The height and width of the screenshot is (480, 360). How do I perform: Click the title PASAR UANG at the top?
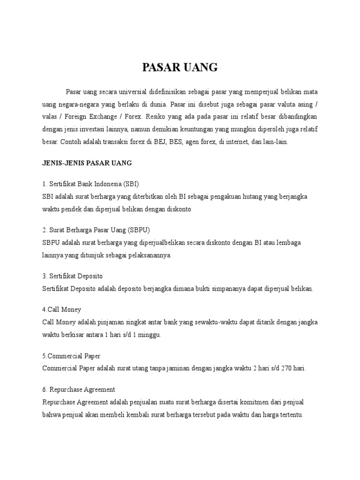[180, 68]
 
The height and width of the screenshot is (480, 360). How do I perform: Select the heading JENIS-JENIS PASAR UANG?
[87, 163]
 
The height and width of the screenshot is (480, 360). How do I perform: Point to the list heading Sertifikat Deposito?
[73, 276]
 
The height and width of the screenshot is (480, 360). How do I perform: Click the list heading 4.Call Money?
[61, 309]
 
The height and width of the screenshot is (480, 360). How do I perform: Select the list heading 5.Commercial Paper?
[71, 355]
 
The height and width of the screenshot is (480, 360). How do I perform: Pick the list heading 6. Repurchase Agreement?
[78, 390]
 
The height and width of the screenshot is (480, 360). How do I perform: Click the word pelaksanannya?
[147, 255]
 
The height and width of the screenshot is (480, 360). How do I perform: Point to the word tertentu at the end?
[290, 415]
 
